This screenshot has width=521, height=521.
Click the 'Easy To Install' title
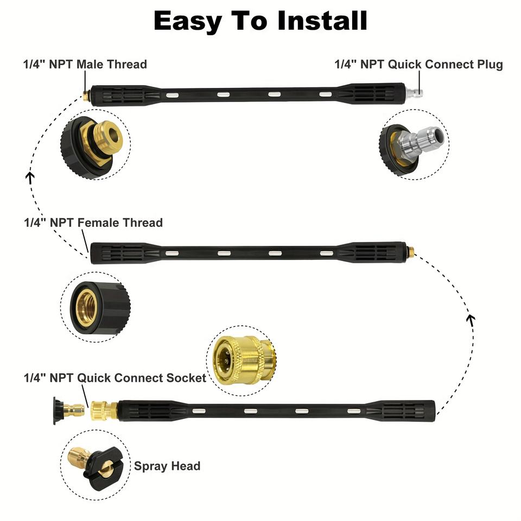(260, 21)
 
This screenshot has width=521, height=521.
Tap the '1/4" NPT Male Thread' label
(85, 64)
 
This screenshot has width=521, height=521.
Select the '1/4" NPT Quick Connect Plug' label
(418, 64)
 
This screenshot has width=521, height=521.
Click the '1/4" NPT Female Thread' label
(93, 223)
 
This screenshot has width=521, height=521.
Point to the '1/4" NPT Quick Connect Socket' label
(115, 377)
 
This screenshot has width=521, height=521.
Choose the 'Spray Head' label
(167, 466)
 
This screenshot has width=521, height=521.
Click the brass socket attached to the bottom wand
(103, 409)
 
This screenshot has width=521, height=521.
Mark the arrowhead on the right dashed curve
(471, 319)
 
